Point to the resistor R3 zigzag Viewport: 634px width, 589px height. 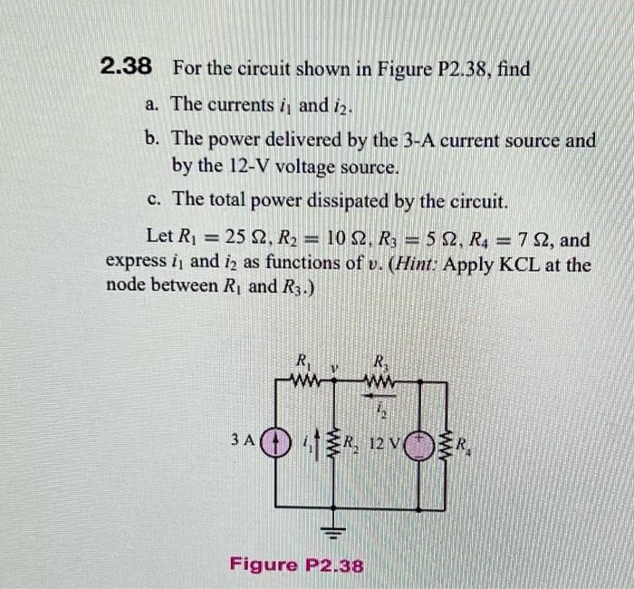[380, 381]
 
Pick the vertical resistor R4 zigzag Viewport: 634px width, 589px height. [447, 444]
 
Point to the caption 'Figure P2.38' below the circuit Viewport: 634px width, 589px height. [296, 565]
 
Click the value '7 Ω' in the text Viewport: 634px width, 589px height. [530, 240]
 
